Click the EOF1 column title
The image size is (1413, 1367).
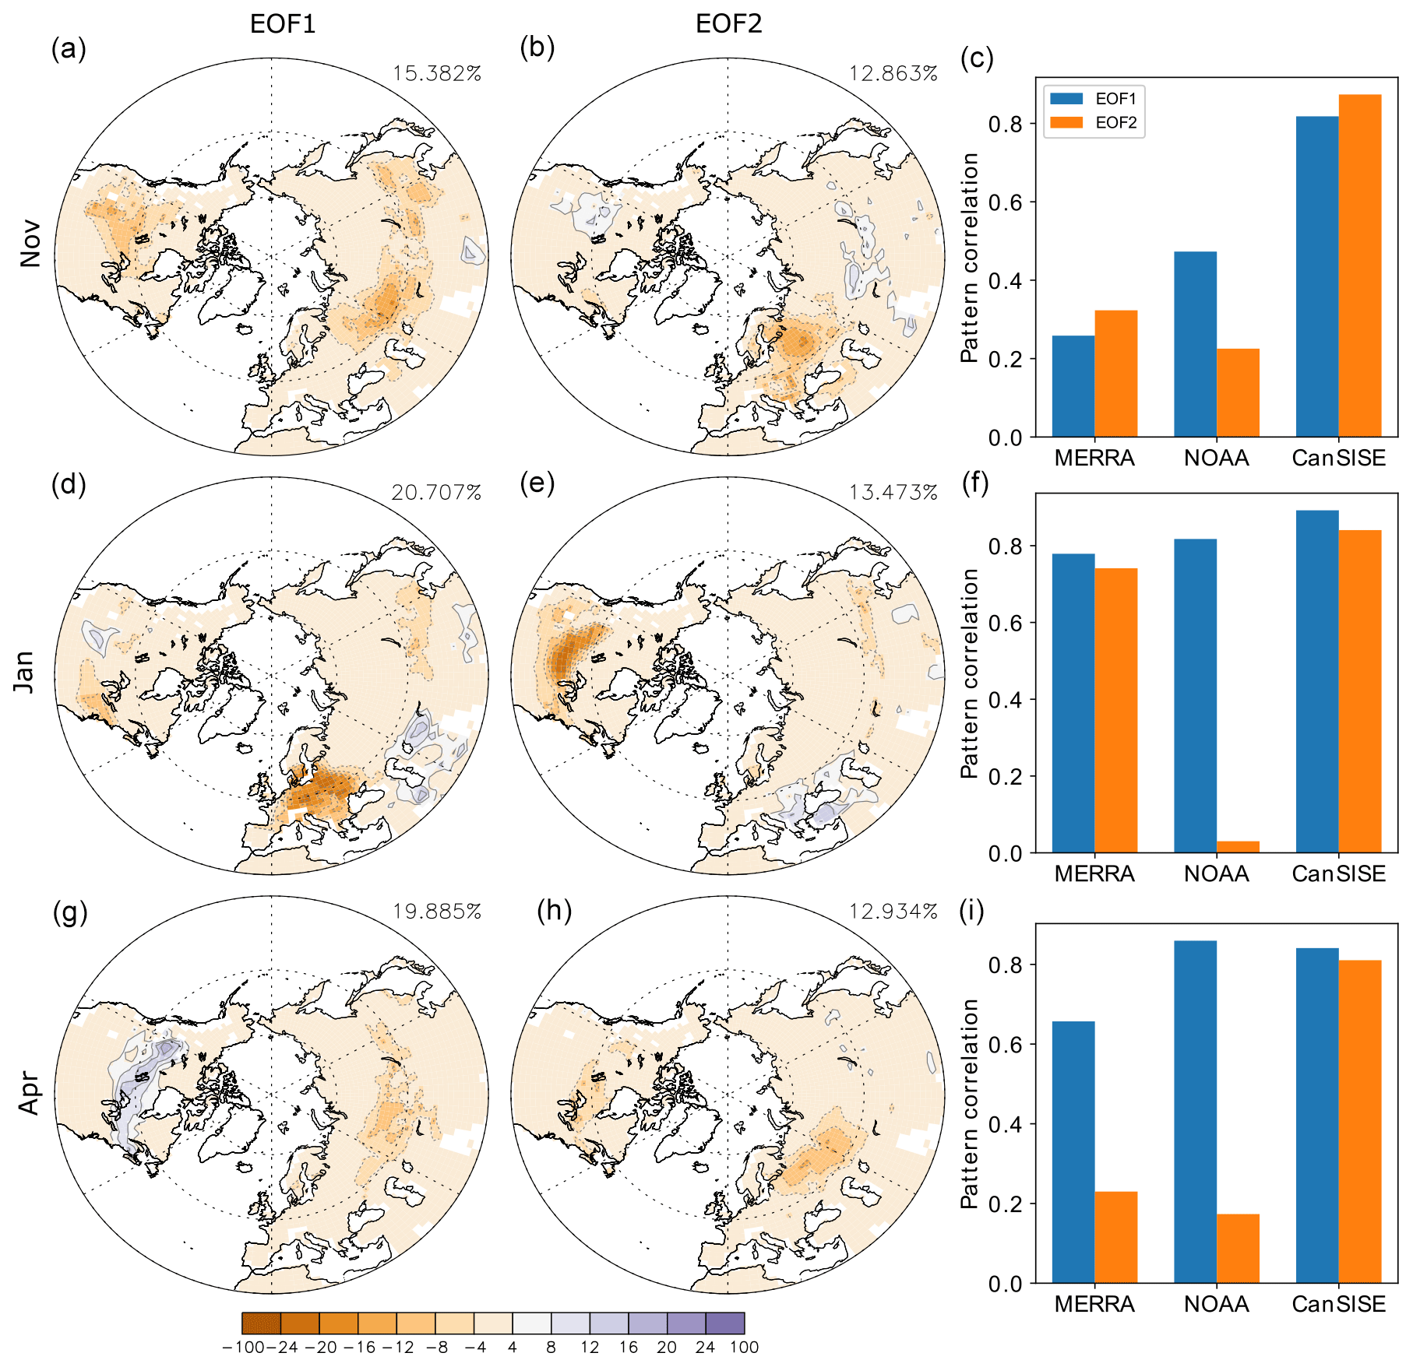283,24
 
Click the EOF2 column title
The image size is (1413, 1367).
728,24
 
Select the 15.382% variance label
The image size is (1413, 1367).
437,73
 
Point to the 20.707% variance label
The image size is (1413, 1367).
436,492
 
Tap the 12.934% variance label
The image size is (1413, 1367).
893,911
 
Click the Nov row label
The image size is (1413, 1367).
30,244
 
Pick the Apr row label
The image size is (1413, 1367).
30,1094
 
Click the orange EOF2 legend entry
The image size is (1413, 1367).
1094,122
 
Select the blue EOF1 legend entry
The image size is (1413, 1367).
1094,99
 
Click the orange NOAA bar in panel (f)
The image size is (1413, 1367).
1238,847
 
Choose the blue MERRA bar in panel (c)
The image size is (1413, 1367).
1073,386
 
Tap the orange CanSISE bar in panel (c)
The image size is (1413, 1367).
1360,265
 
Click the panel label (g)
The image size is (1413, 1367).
69,912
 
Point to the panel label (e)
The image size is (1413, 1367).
537,484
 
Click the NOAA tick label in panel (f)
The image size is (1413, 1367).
1216,873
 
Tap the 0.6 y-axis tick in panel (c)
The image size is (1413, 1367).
1005,202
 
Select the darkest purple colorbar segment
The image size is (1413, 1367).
725,1323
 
